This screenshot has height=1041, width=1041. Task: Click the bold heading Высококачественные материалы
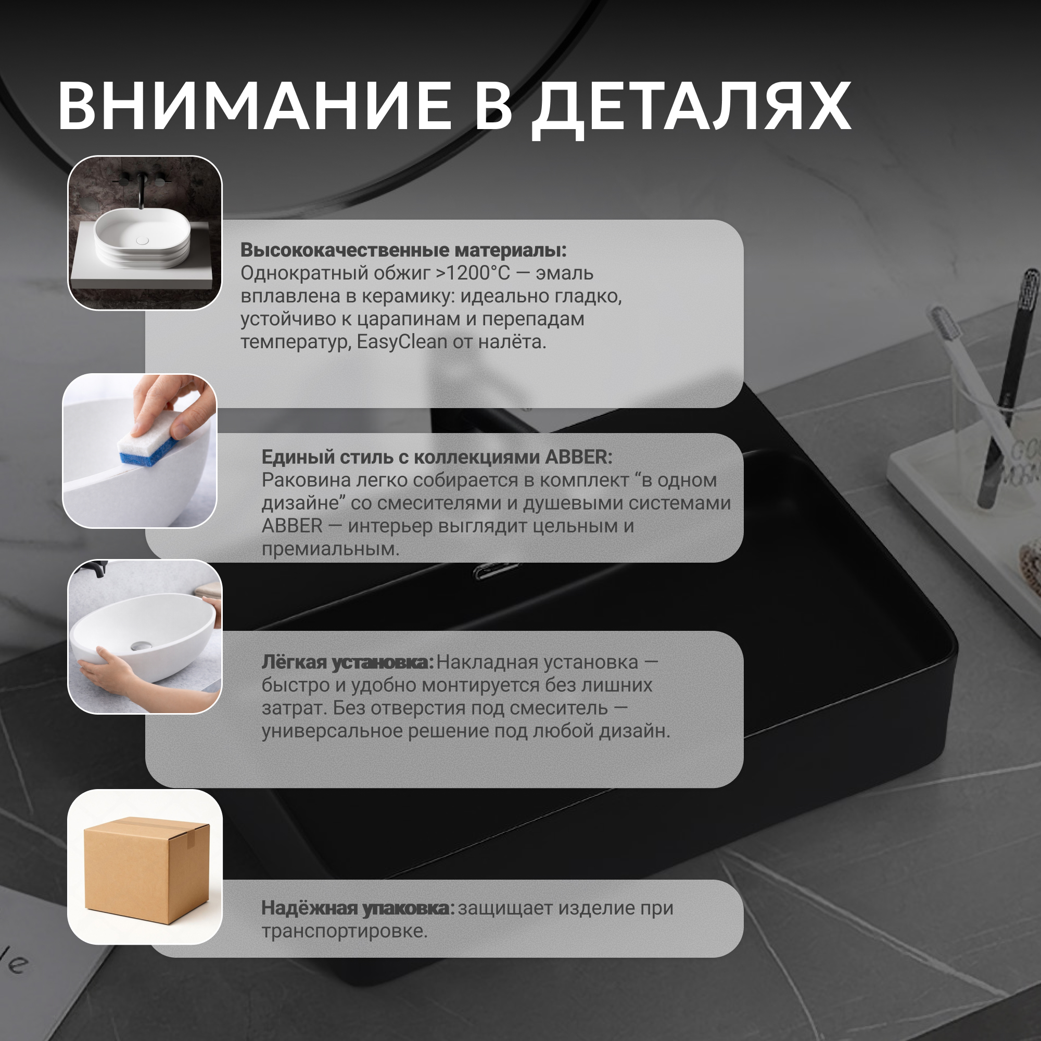403,250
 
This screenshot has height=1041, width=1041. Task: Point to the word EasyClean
402,341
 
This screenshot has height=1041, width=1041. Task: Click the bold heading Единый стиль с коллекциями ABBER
437,457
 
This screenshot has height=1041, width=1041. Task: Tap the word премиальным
331,549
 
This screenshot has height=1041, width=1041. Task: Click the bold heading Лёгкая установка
348,662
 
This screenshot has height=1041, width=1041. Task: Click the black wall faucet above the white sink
142,188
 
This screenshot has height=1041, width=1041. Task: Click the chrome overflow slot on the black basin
496,569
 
